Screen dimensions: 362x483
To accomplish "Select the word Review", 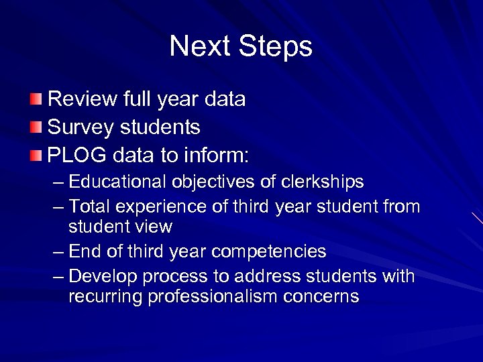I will click(82, 100).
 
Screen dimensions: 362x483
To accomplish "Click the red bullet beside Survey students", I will click(36, 127).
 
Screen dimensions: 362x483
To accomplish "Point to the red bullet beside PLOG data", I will click(36, 155).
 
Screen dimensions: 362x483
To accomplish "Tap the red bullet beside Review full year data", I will click(36, 100).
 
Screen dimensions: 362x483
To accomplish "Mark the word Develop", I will click(102, 277).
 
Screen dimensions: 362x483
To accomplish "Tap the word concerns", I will click(327, 297).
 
